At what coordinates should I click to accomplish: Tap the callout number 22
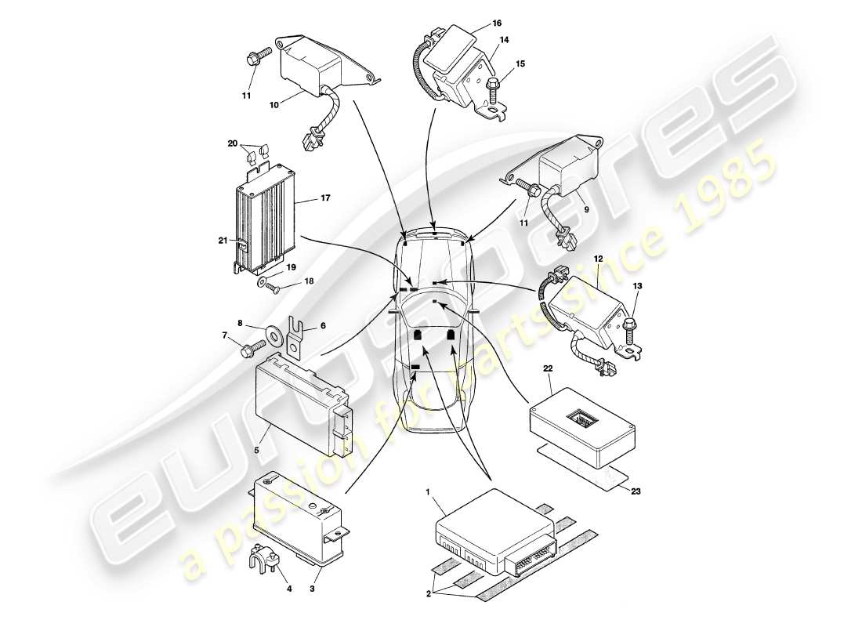(x=549, y=368)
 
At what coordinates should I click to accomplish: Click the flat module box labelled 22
(x=581, y=426)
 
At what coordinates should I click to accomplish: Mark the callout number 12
(x=598, y=258)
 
